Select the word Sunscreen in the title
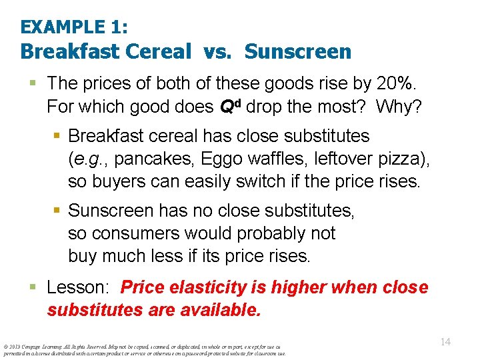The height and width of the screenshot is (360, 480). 298,52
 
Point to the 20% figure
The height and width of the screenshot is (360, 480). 392,83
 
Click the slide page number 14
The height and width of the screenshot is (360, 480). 445,342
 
